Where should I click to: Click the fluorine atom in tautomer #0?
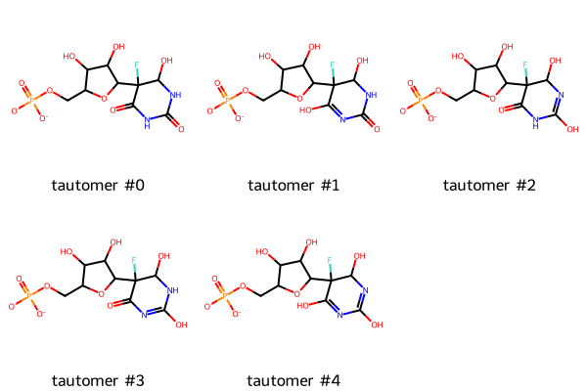click(x=137, y=65)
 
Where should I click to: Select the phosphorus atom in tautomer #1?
click(x=227, y=100)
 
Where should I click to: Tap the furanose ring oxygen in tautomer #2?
click(x=493, y=99)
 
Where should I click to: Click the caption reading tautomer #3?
click(x=98, y=381)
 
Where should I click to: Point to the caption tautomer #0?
click(x=98, y=185)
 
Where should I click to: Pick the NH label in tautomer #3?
click(x=172, y=290)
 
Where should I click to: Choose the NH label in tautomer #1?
click(x=371, y=95)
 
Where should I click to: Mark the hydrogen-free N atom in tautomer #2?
click(x=561, y=95)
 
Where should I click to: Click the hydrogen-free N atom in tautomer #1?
click(x=342, y=119)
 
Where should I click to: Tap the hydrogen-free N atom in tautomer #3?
click(x=144, y=315)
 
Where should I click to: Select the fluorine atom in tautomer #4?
click(x=330, y=260)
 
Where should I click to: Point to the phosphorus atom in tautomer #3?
click(x=28, y=295)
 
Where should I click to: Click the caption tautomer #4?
click(x=293, y=381)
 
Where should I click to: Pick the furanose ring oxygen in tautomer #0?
click(x=104, y=99)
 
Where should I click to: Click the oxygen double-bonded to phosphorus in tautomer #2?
click(x=410, y=83)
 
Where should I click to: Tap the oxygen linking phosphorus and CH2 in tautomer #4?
click(x=243, y=286)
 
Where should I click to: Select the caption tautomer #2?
click(x=490, y=185)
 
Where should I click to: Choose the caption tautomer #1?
click(x=293, y=185)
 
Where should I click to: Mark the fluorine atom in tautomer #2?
click(x=525, y=65)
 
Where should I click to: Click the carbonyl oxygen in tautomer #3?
click(x=111, y=306)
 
